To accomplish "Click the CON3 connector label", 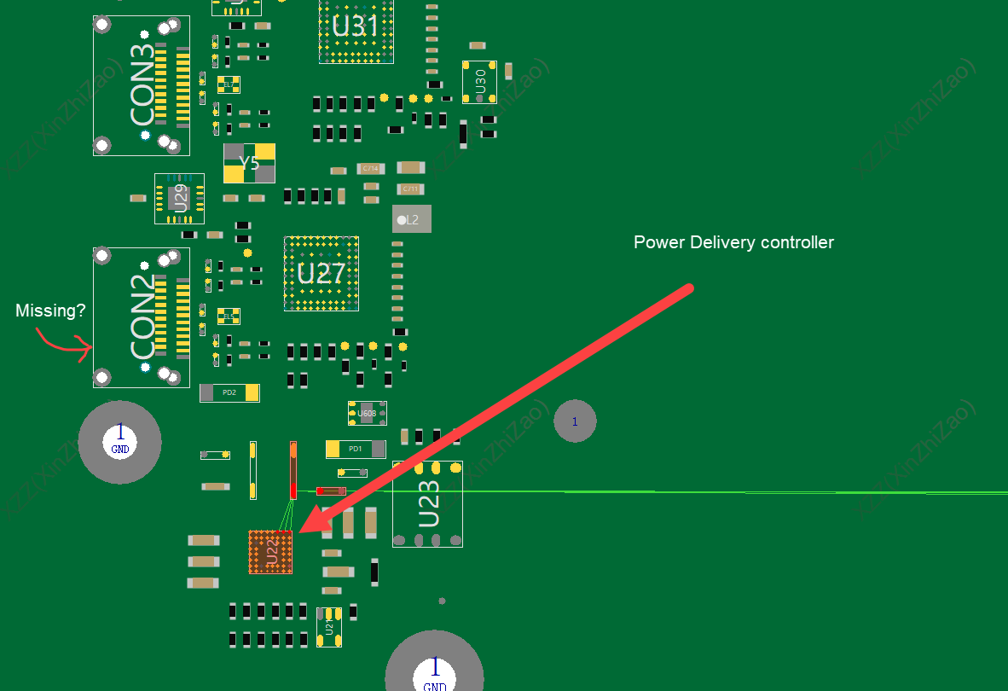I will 143,85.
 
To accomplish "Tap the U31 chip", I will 356,27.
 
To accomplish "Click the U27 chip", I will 321,274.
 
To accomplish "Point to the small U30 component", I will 480,82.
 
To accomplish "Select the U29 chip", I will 180,199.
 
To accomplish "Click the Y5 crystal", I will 249,163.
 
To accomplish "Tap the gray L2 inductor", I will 412,219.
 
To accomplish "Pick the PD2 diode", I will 229,392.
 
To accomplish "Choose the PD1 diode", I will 356,449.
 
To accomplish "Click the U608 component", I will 367,414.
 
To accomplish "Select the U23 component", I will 428,503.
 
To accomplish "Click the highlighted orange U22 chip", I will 270,552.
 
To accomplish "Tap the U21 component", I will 329,627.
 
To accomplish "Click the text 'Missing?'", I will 50,311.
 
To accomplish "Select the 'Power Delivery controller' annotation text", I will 733,242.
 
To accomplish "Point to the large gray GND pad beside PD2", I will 119,442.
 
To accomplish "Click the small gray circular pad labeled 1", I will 575,421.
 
